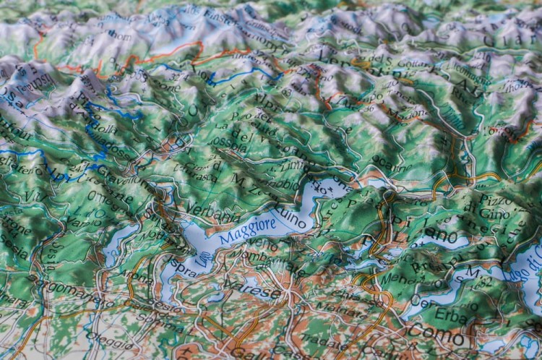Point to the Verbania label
click(212, 215)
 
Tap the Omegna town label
click(108, 197)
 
